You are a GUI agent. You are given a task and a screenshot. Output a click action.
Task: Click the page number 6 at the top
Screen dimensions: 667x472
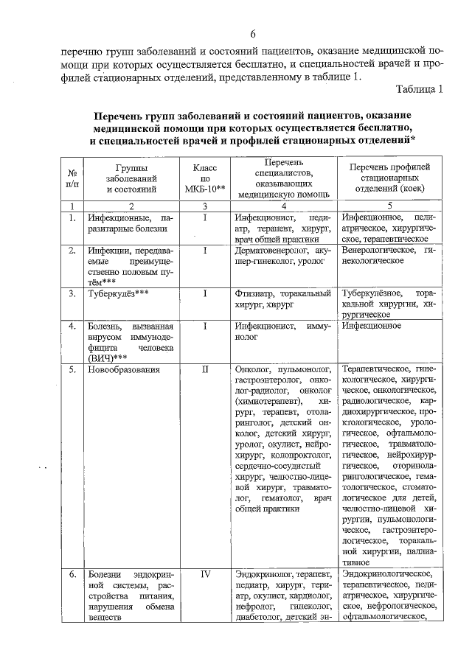point(252,35)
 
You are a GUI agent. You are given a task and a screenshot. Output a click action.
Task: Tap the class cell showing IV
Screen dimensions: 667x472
point(206,574)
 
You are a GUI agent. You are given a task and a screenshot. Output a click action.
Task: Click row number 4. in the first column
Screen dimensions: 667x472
point(72,325)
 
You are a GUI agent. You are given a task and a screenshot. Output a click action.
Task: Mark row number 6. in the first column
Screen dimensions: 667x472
point(72,574)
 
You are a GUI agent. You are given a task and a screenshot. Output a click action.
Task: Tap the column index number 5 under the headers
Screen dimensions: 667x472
point(389,206)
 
